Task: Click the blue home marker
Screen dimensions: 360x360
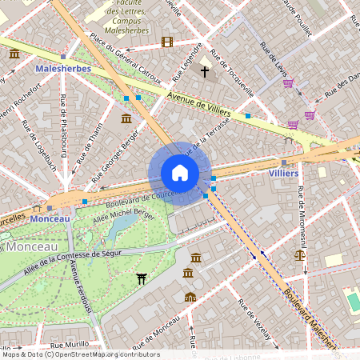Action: [x=180, y=173]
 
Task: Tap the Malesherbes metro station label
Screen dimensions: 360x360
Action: [x=63, y=70]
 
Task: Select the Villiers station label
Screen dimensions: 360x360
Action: [x=283, y=173]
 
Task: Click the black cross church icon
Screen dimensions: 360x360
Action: [x=205, y=72]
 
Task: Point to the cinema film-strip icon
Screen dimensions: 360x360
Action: [x=166, y=42]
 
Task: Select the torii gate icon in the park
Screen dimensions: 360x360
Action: [x=142, y=278]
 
